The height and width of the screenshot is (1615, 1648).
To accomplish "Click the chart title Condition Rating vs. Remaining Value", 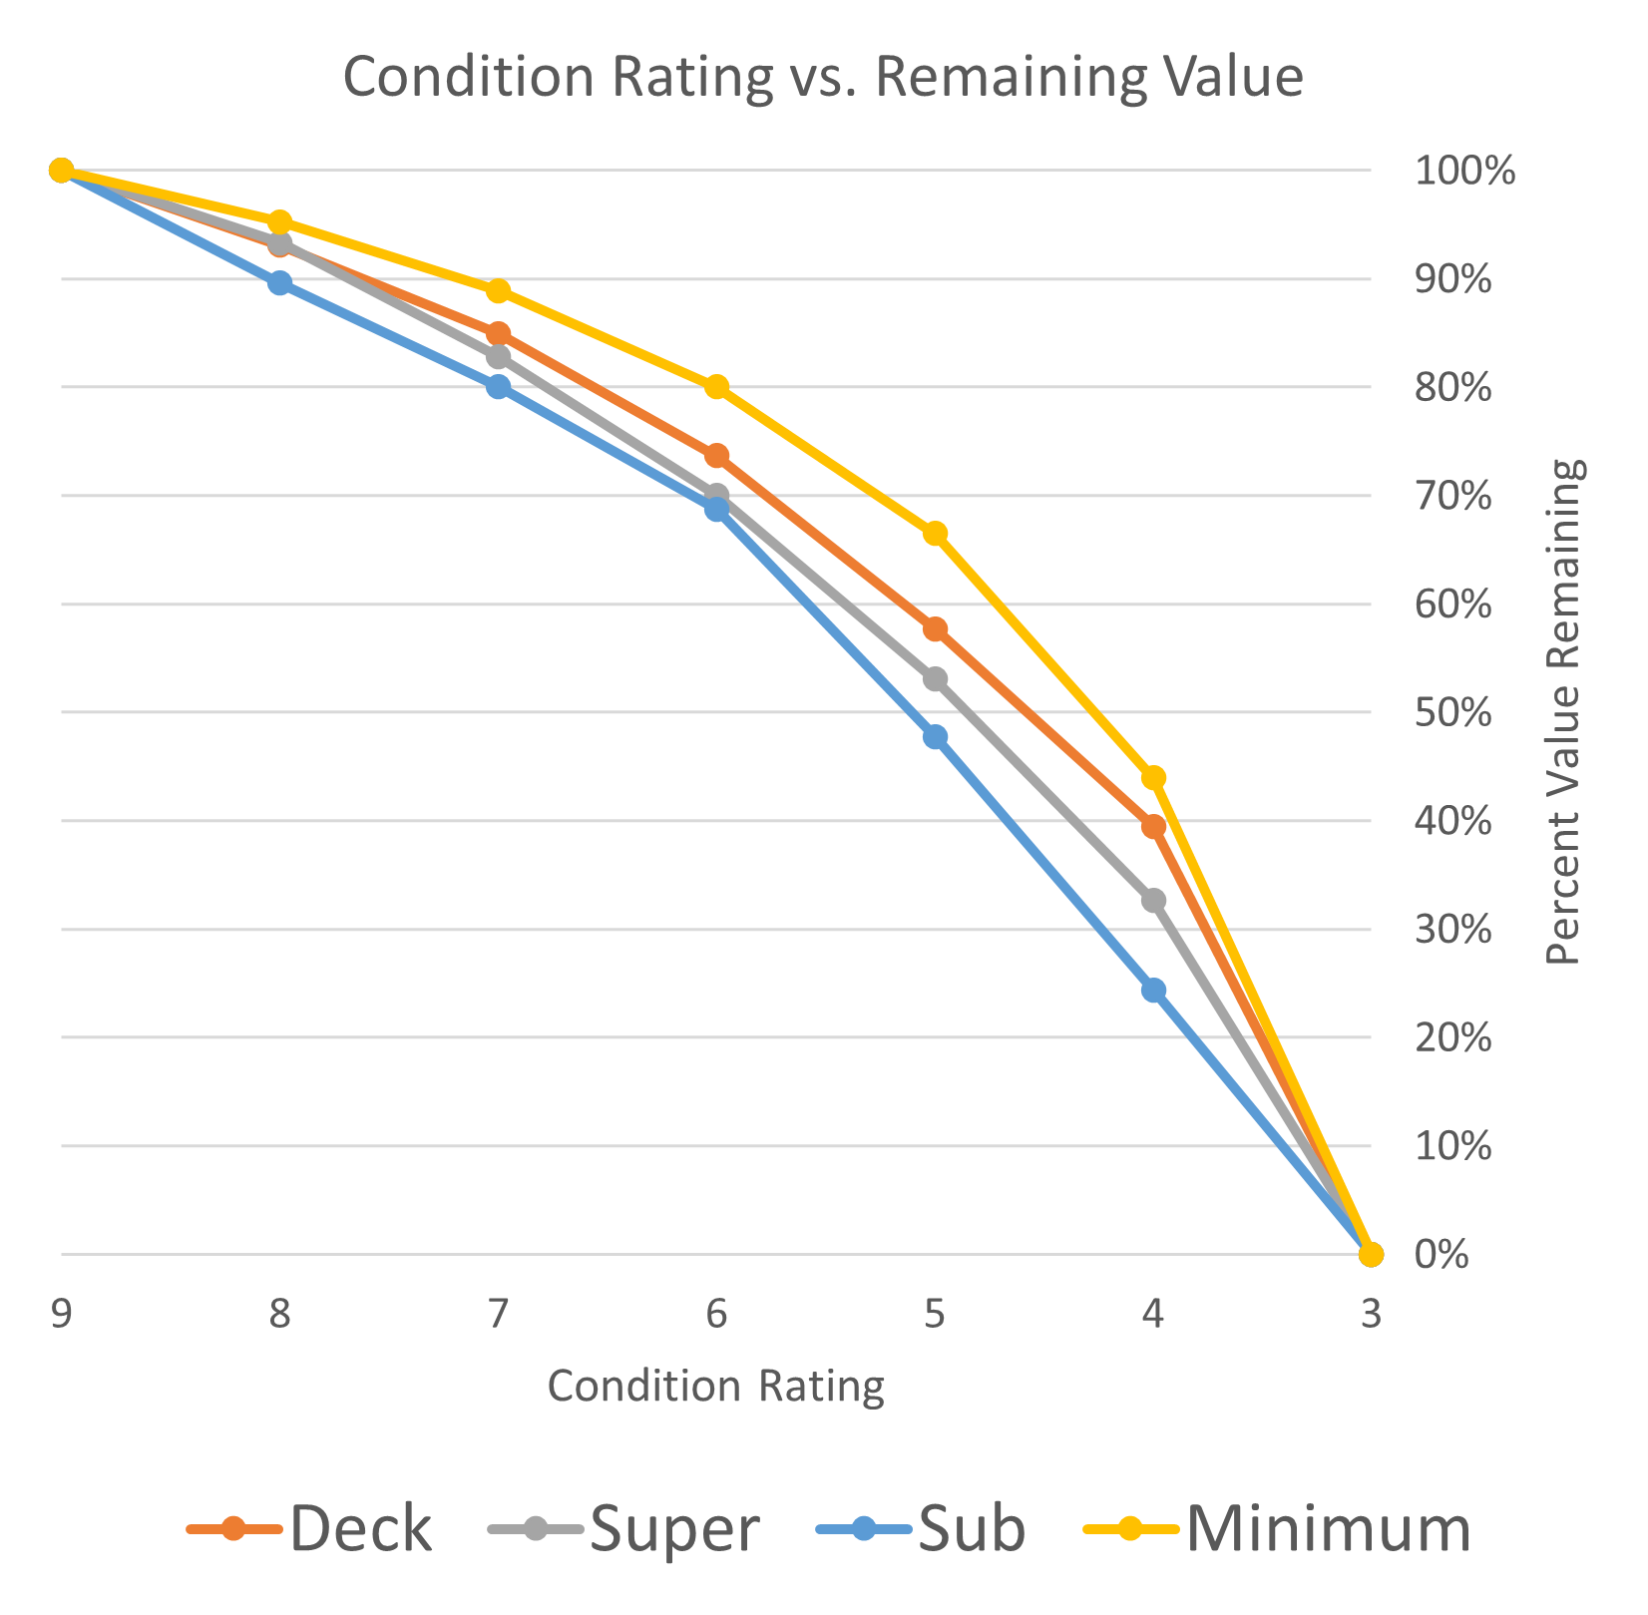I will pos(823,78).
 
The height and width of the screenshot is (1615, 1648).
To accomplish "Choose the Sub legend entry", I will pos(921,1528).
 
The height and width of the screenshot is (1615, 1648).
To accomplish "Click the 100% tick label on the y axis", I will pos(1463,172).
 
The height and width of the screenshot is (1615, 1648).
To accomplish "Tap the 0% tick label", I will pos(1442,1255).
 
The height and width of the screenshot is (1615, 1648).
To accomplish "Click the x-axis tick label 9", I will pos(61,1314).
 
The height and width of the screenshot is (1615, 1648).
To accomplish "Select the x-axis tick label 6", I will pos(716,1314).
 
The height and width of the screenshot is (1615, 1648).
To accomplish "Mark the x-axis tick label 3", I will pos(1371,1314).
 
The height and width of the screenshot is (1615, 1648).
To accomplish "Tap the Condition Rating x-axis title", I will pos(716,1387).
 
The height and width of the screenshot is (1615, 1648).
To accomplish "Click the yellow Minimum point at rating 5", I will pos(935,534).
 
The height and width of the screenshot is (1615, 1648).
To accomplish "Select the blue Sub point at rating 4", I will pos(1153,991).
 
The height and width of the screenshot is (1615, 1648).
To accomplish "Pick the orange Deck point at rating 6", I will pos(716,456).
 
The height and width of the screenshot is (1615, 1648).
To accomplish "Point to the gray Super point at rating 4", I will pos(1153,901).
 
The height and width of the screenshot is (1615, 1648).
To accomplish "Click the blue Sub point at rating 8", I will pos(280,282).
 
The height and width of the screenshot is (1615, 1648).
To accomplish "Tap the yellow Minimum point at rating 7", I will pos(499,291).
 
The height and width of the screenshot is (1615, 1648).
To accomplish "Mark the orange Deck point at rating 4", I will pos(1154,826).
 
